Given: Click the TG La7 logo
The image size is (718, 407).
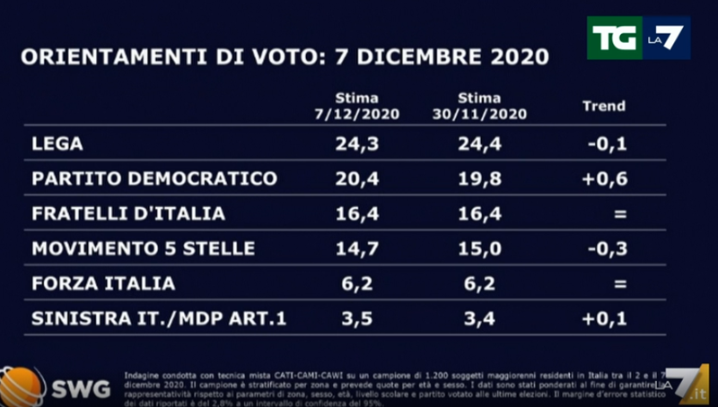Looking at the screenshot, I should (638, 38).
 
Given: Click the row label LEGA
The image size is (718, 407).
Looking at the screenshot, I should (56, 143).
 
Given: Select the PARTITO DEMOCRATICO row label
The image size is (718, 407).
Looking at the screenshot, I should (154, 178).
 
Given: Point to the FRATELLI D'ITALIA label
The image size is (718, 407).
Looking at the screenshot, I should (128, 213).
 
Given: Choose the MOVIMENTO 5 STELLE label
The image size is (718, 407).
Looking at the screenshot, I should (144, 248).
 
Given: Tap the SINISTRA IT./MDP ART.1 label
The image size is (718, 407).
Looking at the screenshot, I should (159, 318).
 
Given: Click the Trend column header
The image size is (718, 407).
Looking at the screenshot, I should (604, 106).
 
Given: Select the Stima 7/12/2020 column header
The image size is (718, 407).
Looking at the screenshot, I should (356, 106).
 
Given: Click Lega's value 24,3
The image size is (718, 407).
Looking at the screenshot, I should (356, 143).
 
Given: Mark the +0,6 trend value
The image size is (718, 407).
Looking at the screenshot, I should (604, 178).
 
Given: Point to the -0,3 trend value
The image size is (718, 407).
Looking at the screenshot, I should (604, 248).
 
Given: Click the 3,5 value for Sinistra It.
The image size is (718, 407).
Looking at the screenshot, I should (356, 318).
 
